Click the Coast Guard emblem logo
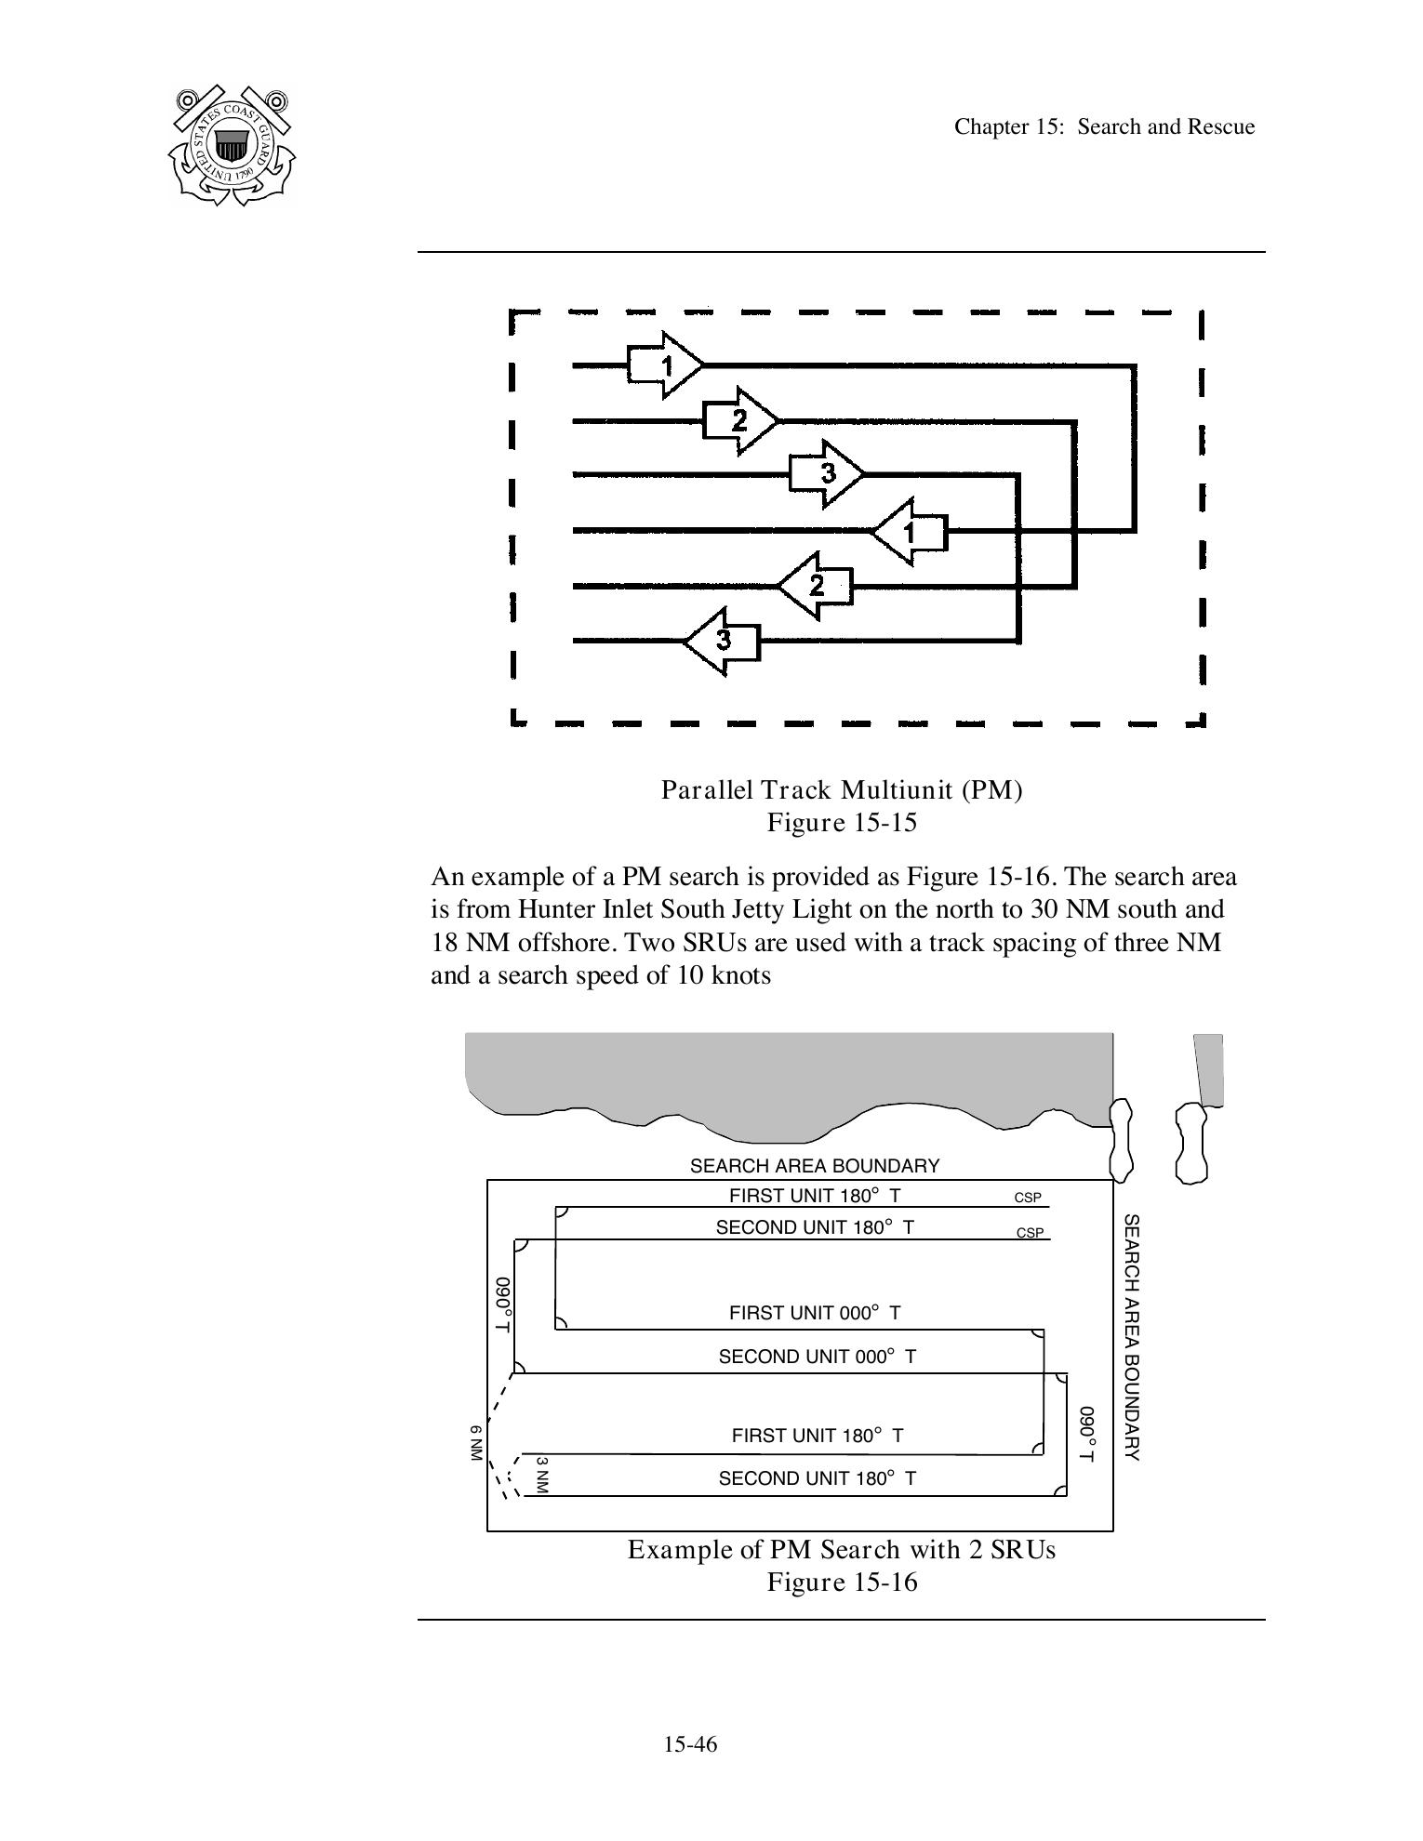click(x=232, y=145)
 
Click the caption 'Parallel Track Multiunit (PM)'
click(x=842, y=790)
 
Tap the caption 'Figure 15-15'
click(x=842, y=823)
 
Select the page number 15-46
click(x=690, y=1744)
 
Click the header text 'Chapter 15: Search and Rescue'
click(x=1104, y=127)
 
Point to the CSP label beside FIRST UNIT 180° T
click(x=1028, y=1198)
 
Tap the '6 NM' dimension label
click(x=476, y=1443)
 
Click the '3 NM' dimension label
click(x=542, y=1475)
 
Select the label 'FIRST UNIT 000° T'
click(x=815, y=1313)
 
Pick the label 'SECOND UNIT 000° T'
click(x=817, y=1357)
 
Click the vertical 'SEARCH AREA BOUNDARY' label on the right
click(x=1131, y=1336)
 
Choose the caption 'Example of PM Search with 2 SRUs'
click(x=842, y=1550)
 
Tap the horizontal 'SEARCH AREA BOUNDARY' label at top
click(x=815, y=1166)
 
